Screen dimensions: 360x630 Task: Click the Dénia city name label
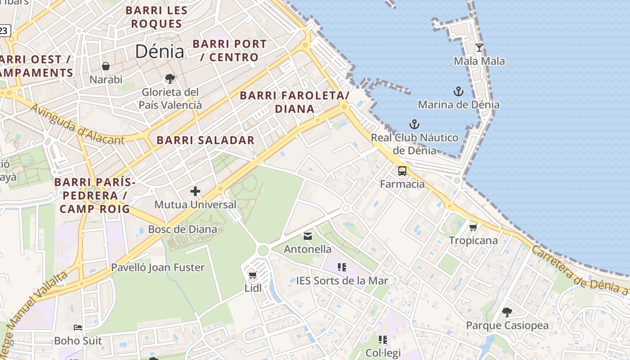(160, 51)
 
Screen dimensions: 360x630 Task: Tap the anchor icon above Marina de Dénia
(458, 92)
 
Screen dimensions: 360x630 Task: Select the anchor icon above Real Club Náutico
(414, 124)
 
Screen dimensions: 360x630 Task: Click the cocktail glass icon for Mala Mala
(479, 48)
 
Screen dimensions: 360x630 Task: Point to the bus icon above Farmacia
(402, 171)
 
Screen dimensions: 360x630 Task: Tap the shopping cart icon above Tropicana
(473, 227)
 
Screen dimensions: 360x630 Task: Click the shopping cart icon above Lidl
(252, 275)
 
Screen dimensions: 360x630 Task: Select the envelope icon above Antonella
(308, 236)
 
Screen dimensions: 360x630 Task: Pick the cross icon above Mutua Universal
(195, 191)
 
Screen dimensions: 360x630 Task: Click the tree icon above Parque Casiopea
(507, 312)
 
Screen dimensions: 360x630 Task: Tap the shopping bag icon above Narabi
(106, 67)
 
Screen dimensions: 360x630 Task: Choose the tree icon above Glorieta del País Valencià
(170, 79)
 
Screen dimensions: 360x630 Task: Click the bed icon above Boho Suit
(78, 328)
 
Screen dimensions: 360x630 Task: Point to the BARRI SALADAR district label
(206, 140)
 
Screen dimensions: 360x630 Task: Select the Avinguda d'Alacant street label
(77, 125)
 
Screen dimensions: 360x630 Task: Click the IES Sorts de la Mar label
(342, 281)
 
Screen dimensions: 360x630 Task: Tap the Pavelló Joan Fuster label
(158, 267)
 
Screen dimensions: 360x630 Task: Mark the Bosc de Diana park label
(183, 229)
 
